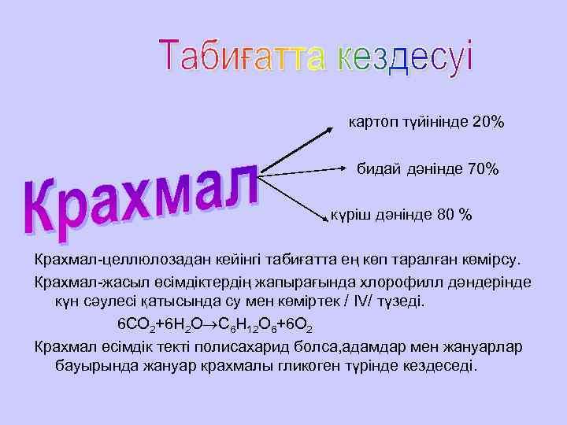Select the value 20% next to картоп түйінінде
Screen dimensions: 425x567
point(489,123)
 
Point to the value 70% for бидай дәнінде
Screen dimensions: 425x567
point(483,168)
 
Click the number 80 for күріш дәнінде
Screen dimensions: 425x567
point(446,215)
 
